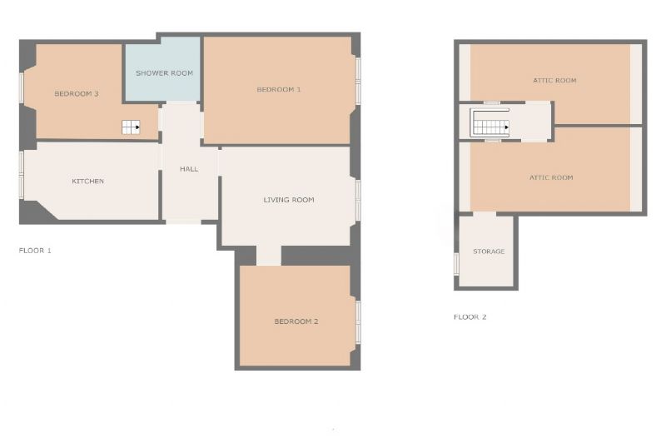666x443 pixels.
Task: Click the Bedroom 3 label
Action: pyautogui.click(x=77, y=93)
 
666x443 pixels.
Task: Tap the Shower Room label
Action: pyautogui.click(x=164, y=73)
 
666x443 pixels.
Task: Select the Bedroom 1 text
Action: pyautogui.click(x=279, y=89)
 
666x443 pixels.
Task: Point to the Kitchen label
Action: pyautogui.click(x=88, y=181)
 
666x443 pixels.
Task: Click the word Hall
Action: pyautogui.click(x=189, y=168)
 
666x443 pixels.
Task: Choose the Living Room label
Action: pyautogui.click(x=289, y=200)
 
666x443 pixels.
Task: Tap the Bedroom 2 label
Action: pyautogui.click(x=296, y=321)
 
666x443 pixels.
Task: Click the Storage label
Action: pyautogui.click(x=489, y=251)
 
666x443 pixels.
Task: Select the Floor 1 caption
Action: pyautogui.click(x=35, y=250)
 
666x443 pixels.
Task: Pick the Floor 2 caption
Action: pyautogui.click(x=470, y=317)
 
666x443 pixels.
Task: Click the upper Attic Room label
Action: pyautogui.click(x=554, y=80)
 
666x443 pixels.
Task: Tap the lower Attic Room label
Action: pyautogui.click(x=551, y=177)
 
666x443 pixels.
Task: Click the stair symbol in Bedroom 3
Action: pyautogui.click(x=131, y=127)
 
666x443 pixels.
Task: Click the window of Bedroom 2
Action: pyautogui.click(x=358, y=322)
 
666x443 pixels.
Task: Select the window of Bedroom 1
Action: pyautogui.click(x=358, y=81)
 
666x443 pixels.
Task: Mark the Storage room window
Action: pyautogui.click(x=456, y=264)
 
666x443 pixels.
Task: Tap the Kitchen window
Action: pyautogui.click(x=22, y=175)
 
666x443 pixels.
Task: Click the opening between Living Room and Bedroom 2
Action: pyautogui.click(x=269, y=256)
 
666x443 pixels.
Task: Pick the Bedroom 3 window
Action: pyautogui.click(x=22, y=87)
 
